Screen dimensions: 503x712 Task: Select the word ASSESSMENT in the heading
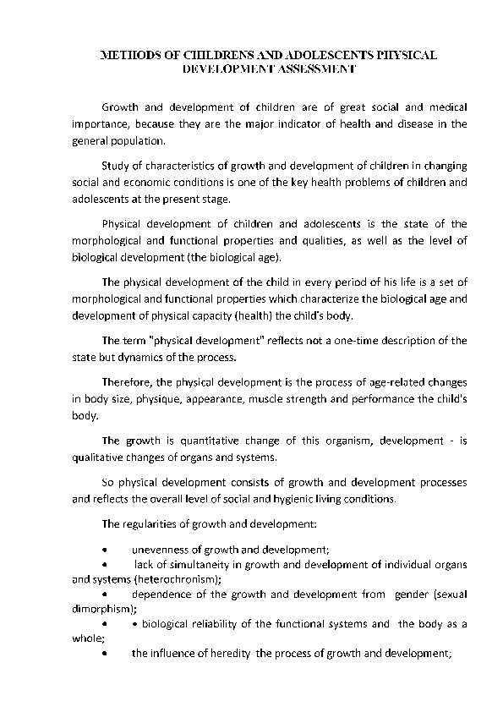point(318,67)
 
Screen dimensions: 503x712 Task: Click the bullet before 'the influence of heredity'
point(103,654)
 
